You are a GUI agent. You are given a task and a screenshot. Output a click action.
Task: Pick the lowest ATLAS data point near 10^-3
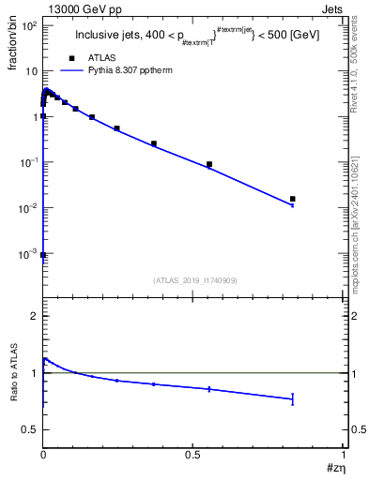pos(43,254)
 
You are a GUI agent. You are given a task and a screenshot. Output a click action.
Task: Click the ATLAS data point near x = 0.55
pos(209,164)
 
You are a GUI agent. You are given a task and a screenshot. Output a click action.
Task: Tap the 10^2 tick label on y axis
pos(29,25)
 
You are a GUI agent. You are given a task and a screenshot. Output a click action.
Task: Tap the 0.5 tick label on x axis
pos(192,454)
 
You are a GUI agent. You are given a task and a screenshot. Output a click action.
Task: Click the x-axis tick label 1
pos(342,454)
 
